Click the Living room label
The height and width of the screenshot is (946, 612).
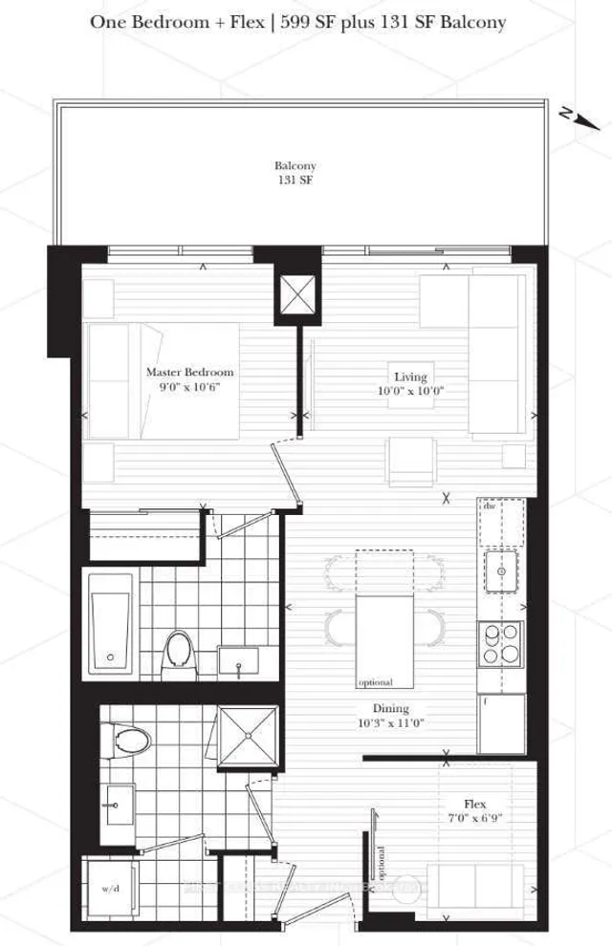point(411,376)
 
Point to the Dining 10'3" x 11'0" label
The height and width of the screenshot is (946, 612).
point(392,716)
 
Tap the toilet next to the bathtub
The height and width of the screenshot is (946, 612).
point(178,651)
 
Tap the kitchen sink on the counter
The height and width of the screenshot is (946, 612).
point(501,572)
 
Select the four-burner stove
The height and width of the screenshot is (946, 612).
point(501,643)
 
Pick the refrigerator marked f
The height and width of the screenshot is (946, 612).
point(501,722)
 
